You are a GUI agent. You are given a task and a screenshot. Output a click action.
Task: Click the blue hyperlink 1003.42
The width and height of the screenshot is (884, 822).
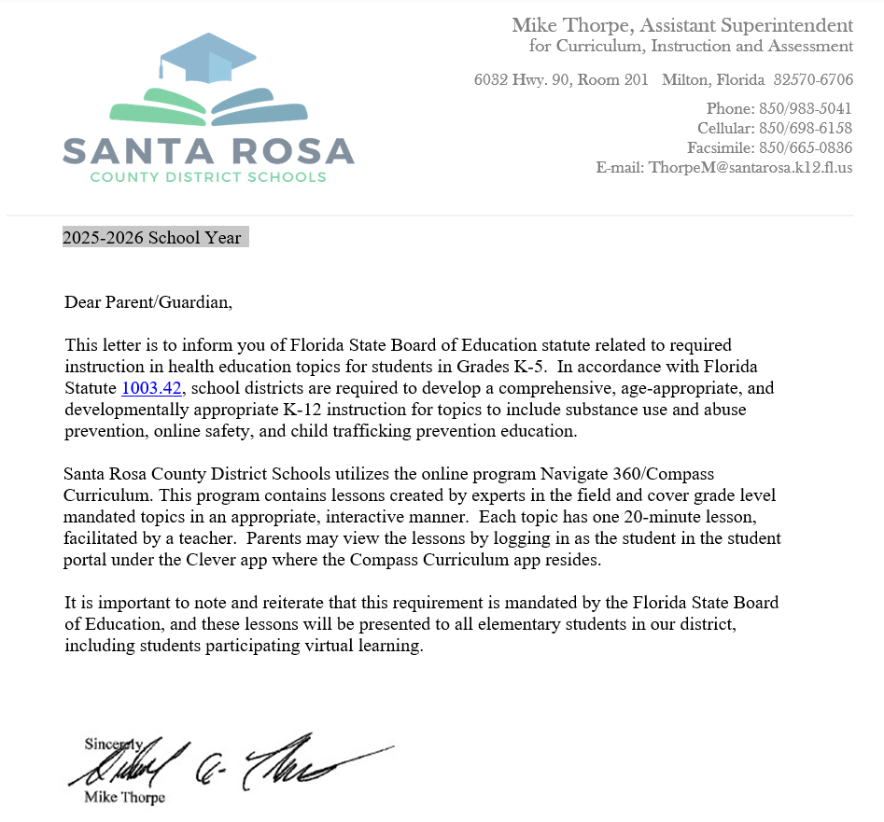151,388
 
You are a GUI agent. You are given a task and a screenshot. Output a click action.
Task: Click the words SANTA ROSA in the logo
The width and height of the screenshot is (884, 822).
208,150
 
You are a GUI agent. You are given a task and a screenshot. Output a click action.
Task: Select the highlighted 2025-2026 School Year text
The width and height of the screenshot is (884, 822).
152,238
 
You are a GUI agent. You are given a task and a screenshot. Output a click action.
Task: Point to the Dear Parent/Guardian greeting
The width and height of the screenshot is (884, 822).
147,302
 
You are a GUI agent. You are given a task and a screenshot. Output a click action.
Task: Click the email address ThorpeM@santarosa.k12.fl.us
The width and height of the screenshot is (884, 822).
751,168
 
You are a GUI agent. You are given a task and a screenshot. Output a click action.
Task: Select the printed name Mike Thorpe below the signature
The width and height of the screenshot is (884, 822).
124,798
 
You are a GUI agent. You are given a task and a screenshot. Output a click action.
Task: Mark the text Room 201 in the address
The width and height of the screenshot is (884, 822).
612,80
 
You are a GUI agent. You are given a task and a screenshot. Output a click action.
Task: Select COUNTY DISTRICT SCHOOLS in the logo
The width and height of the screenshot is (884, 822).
208,177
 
